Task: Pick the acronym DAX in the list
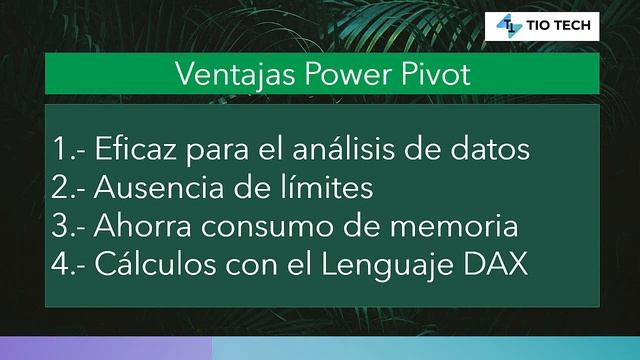tap(497, 265)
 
